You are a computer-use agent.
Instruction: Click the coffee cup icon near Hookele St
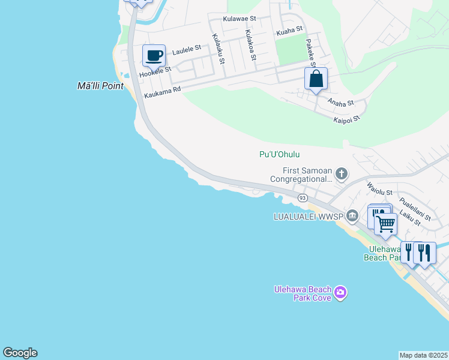[x=154, y=56]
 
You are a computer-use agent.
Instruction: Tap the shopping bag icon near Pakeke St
[x=316, y=79]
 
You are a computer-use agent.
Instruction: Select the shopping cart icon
[x=385, y=224]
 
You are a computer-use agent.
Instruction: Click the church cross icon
[x=342, y=175]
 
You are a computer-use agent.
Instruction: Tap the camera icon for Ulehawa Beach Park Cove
[x=340, y=293]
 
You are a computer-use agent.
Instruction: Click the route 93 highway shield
[x=303, y=197]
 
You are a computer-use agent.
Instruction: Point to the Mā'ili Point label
[x=101, y=86]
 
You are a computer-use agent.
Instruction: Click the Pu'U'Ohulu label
[x=279, y=154]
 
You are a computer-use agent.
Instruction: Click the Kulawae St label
[x=240, y=19]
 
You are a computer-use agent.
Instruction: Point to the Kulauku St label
[x=218, y=49]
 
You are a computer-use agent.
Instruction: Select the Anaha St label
[x=340, y=103]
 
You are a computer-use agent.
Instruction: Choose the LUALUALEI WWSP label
[x=307, y=215]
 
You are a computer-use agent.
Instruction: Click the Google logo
[x=20, y=353]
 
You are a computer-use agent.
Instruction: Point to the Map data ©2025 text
[x=423, y=355]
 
